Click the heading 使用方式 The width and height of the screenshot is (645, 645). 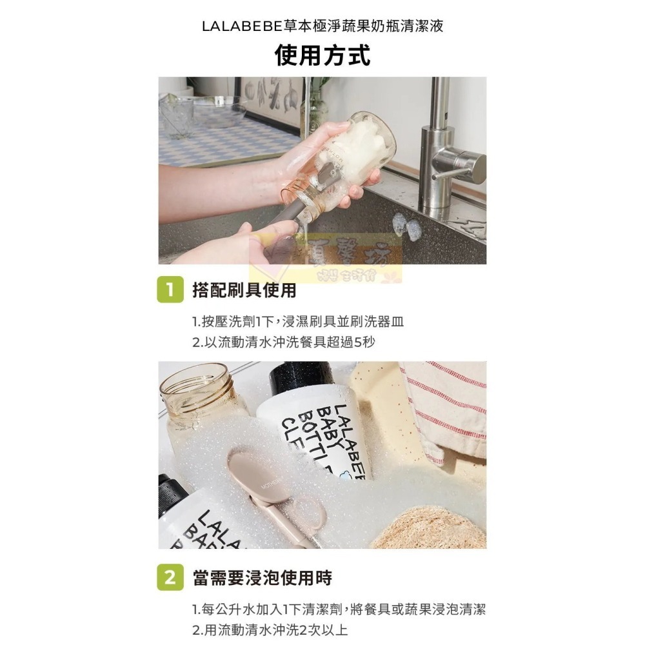pos(322,55)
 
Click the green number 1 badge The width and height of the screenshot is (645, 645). pos(169,290)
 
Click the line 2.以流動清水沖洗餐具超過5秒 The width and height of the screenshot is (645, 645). pos(283,342)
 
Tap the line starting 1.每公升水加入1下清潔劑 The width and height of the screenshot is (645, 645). pos(338,609)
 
